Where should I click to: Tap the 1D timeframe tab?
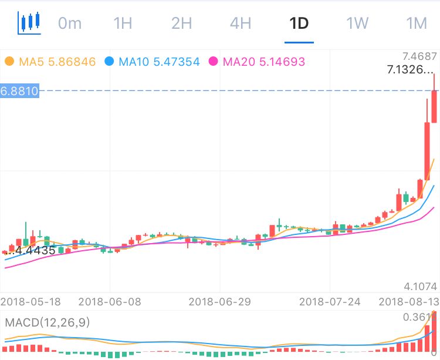click(x=299, y=23)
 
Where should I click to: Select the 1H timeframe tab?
click(x=123, y=23)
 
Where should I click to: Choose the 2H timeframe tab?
click(x=182, y=23)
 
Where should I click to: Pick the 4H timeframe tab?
click(x=241, y=23)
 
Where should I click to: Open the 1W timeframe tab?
click(x=357, y=23)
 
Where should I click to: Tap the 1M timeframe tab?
click(x=416, y=23)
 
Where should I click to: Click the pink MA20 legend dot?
click(x=213, y=61)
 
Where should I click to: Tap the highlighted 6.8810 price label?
click(x=20, y=90)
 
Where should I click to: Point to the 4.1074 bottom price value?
click(x=421, y=286)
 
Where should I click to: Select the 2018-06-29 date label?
click(x=219, y=301)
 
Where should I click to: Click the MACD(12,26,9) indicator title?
click(x=48, y=322)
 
